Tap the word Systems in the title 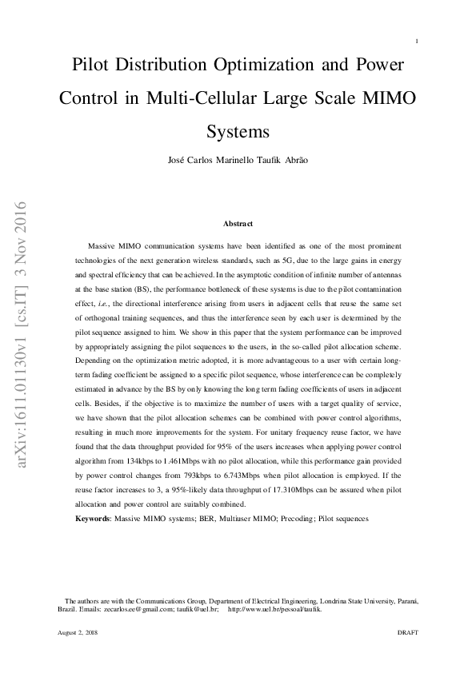[238, 131]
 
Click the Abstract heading [238, 223]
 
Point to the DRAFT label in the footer [407, 631]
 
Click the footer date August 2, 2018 [77, 631]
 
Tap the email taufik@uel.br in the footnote [198, 608]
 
